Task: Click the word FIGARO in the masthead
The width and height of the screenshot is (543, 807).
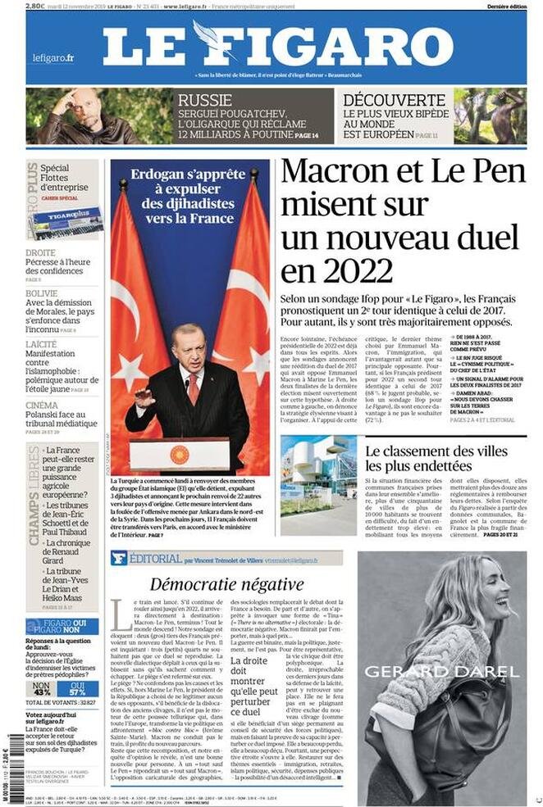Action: [x=344, y=48]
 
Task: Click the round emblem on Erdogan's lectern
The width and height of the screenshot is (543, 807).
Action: [x=179, y=455]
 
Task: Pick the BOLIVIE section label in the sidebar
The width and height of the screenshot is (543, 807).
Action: [x=41, y=292]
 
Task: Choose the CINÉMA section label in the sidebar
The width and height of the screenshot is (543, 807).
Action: [x=42, y=405]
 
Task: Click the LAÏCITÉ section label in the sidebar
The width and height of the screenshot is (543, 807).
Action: [x=41, y=344]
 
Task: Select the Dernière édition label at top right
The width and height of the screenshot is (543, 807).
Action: [x=505, y=6]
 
